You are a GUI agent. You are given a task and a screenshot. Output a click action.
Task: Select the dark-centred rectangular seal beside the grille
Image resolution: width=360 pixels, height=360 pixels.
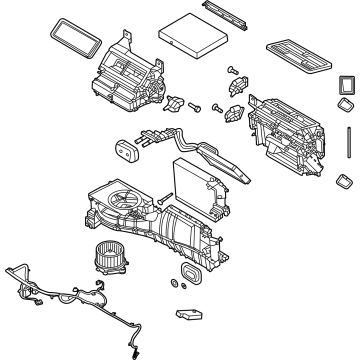pos(345,87)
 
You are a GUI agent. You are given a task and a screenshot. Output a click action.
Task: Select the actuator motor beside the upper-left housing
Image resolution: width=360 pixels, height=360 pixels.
pos(179,103)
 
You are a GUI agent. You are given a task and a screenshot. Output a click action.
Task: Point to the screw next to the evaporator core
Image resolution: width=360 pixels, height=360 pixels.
pos(159,203)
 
